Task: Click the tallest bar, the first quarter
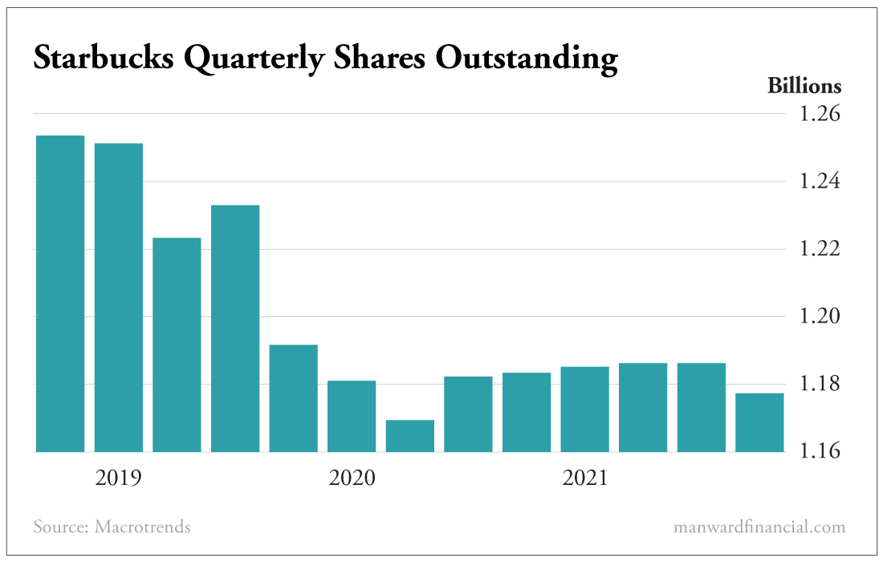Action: pyautogui.click(x=60, y=293)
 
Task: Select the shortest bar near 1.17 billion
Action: pyautogui.click(x=410, y=436)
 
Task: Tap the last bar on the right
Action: pyautogui.click(x=759, y=422)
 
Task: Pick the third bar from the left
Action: pyautogui.click(x=177, y=344)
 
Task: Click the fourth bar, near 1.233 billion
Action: pyautogui.click(x=235, y=328)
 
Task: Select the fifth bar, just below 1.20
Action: pyautogui.click(x=294, y=398)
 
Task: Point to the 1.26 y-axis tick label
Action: pyautogui.click(x=819, y=114)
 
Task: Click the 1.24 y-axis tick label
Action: pyautogui.click(x=819, y=182)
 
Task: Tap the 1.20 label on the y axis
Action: pyautogui.click(x=819, y=317)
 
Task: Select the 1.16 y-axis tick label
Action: pyautogui.click(x=819, y=452)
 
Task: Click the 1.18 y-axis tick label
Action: pyautogui.click(x=819, y=385)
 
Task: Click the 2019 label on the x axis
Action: pyautogui.click(x=118, y=479)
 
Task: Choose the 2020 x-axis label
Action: pyautogui.click(x=352, y=479)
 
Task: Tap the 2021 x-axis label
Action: pyautogui.click(x=585, y=479)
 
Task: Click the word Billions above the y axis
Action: pyautogui.click(x=804, y=86)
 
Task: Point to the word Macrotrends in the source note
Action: pyautogui.click(x=143, y=527)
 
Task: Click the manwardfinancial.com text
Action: pyautogui.click(x=759, y=527)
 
